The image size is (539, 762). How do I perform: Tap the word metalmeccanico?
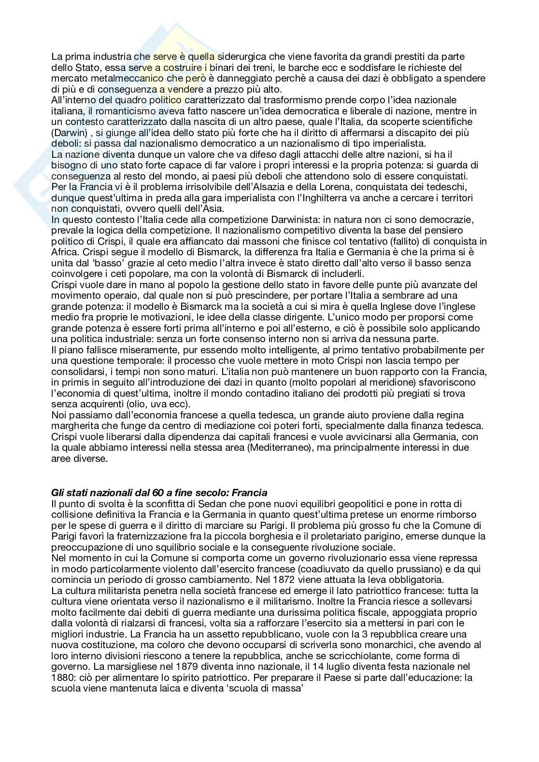[113, 79]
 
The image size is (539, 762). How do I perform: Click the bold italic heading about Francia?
[159, 493]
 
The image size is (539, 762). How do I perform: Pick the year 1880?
[63, 677]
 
